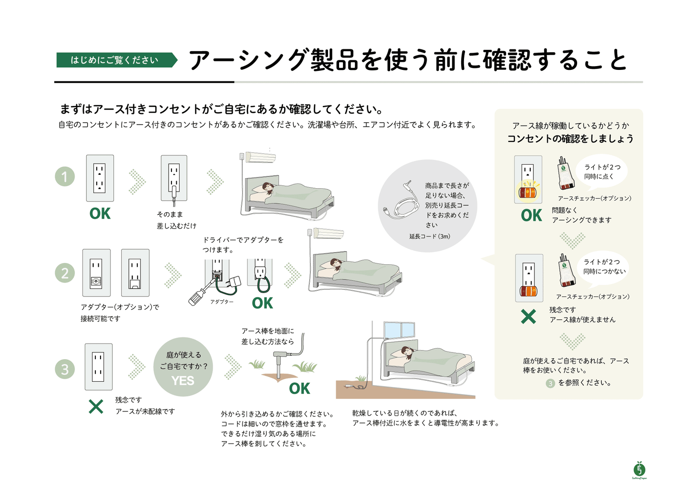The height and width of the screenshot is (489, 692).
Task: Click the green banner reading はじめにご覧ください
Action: point(115,60)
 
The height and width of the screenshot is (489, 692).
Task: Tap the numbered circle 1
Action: point(65,177)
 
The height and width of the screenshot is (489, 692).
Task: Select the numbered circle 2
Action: point(65,273)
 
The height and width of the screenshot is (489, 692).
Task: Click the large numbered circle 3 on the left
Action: point(65,369)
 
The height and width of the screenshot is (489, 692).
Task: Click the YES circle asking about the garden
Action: point(183,367)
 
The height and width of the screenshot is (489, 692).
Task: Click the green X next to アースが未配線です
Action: point(96,407)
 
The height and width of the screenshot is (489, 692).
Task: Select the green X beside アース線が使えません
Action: point(528,317)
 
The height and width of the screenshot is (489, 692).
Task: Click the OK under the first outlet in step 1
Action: point(100,214)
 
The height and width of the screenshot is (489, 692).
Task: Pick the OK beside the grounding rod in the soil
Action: point(299,388)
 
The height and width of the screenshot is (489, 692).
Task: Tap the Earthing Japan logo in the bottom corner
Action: point(639,470)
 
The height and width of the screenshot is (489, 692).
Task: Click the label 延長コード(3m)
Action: point(430,236)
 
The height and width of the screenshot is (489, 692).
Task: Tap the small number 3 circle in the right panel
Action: point(550,383)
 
